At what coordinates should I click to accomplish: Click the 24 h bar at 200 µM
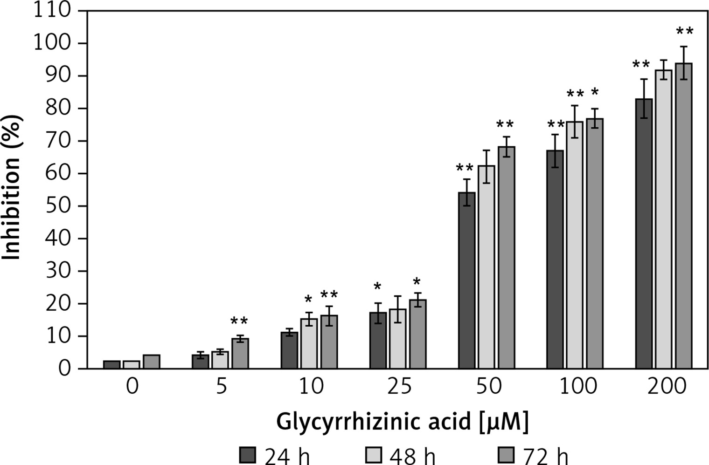click(x=644, y=233)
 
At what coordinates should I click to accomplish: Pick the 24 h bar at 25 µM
click(x=378, y=340)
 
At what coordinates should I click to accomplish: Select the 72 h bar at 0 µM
click(x=152, y=362)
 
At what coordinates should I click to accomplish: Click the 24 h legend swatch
click(x=248, y=455)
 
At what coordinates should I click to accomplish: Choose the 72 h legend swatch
click(x=506, y=455)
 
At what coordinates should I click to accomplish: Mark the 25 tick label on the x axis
click(x=400, y=387)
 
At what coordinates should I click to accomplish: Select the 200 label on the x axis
click(x=667, y=387)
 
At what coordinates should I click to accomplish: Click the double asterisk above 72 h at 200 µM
click(x=685, y=32)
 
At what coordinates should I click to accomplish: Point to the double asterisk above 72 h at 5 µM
click(x=240, y=321)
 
